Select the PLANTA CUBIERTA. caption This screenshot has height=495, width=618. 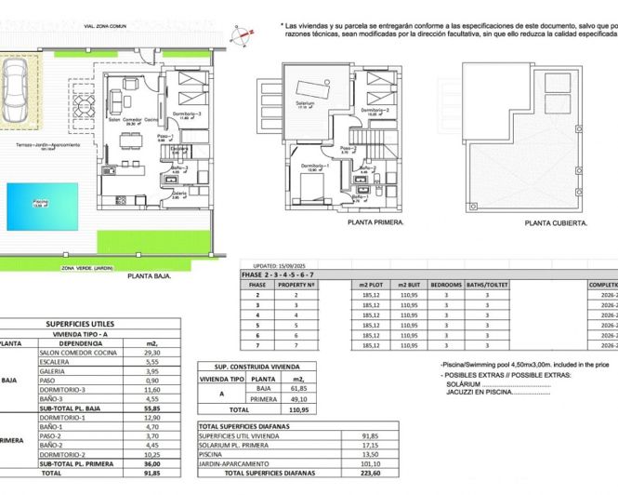point(555,223)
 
